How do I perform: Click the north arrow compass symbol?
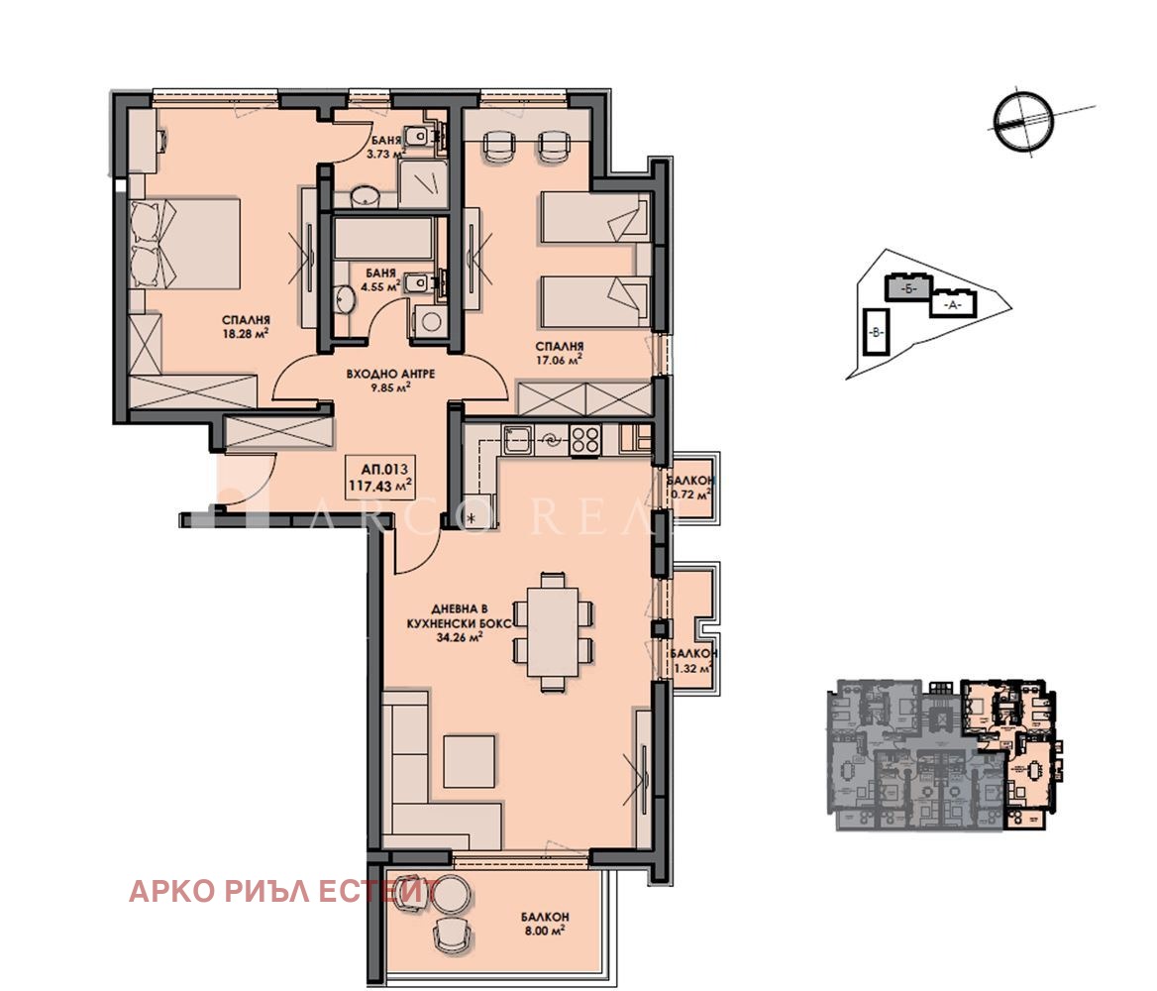pyautogui.click(x=1020, y=122)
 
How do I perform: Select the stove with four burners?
pyautogui.click(x=584, y=439)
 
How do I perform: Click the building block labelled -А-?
pyautogui.click(x=953, y=305)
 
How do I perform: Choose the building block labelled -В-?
pyautogui.click(x=875, y=333)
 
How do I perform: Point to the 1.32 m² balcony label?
pyautogui.click(x=691, y=662)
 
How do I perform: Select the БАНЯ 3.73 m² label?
pyautogui.click(x=385, y=147)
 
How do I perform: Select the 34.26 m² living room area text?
pyautogui.click(x=458, y=638)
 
